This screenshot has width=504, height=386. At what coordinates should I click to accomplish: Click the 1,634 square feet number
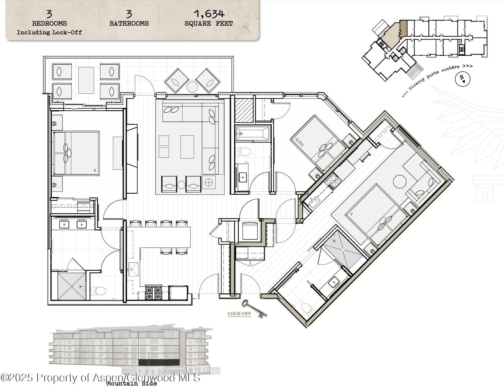209,14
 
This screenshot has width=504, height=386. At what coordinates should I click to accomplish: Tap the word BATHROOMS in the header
129,23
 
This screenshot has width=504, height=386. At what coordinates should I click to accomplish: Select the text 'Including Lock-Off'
49,32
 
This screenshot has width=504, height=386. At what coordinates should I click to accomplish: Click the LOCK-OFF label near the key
239,314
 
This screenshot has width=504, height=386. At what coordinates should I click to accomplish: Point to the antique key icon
254,308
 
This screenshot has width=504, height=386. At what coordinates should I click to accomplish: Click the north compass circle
463,79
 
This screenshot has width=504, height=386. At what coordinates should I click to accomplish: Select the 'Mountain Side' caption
132,383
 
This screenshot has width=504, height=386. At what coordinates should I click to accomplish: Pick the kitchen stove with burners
154,293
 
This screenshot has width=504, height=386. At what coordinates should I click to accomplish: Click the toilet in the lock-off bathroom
307,309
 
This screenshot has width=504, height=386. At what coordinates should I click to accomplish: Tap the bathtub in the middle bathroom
253,133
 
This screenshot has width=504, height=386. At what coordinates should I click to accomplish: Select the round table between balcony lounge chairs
192,87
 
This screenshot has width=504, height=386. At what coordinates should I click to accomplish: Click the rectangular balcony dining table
86,80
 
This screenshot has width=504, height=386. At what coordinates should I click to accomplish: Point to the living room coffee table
187,147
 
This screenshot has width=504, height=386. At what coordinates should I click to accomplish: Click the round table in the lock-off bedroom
400,181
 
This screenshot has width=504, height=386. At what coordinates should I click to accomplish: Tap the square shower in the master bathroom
72,286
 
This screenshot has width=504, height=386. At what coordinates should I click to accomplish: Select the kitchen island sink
133,269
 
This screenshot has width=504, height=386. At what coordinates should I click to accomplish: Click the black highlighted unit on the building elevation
159,362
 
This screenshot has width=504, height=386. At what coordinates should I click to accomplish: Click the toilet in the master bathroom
98,291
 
